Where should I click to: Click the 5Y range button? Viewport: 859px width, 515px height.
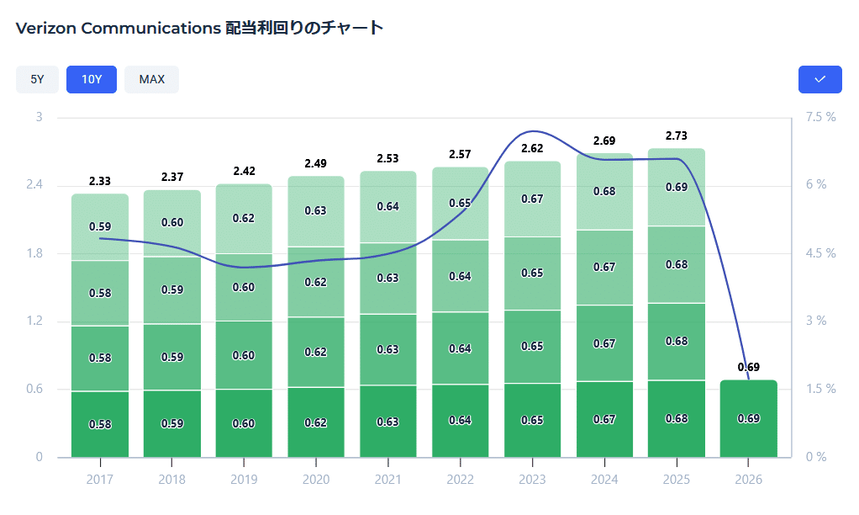37,79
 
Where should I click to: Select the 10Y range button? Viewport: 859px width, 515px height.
92,79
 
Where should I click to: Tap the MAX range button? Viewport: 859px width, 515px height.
151,79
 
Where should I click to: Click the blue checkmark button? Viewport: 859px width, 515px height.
820,79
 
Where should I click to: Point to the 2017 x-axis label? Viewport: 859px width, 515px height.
99,480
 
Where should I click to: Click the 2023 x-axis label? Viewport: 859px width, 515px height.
532,480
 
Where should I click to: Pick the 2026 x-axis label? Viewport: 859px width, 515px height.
748,480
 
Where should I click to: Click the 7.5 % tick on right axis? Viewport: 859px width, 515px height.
819,117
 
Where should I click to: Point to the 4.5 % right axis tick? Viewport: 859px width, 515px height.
819,253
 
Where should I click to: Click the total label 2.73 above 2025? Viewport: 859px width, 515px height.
677,135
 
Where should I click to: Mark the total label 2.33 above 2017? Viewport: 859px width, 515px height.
100,181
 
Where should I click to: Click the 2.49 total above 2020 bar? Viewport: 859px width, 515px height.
316,163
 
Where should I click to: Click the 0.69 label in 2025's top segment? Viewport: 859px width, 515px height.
677,187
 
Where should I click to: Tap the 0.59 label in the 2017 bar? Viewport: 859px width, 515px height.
100,226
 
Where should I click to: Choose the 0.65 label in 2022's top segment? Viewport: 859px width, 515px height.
460,203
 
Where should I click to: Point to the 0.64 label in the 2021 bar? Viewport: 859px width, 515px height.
387,206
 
